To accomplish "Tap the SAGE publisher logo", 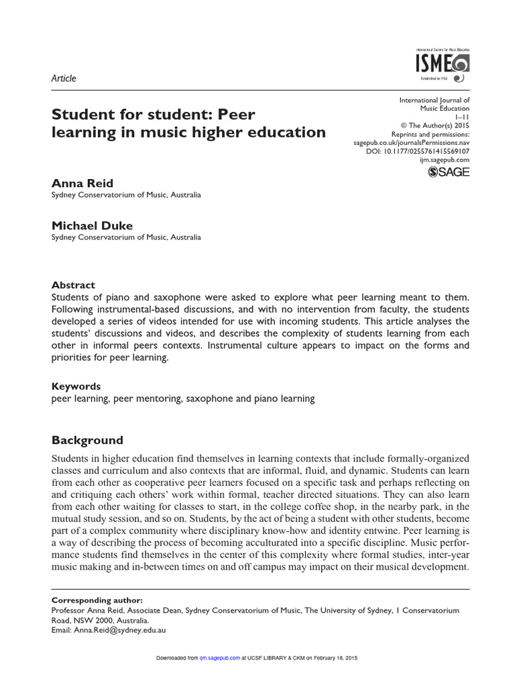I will (449, 172).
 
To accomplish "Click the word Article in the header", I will (64, 78).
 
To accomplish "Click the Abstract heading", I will (74, 284).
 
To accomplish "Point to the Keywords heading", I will (76, 386).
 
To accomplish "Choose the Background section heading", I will (88, 441).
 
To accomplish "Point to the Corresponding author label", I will (97, 600).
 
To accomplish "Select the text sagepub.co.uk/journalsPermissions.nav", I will (411, 143).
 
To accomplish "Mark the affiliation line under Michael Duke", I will (127, 237).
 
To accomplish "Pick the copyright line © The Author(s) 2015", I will (435, 125).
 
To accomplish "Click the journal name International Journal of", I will (435, 99).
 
